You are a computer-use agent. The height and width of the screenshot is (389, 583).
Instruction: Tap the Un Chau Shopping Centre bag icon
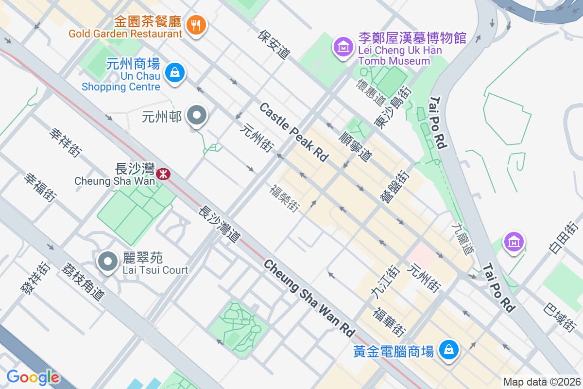coord(174,73)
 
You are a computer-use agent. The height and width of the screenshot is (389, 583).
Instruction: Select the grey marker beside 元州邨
coord(197,116)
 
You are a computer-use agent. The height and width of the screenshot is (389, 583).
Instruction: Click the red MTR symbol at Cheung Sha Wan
coord(164,173)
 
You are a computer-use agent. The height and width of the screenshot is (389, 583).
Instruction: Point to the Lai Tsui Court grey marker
coord(107,262)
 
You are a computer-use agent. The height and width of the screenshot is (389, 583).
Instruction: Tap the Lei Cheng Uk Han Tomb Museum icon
coord(343,47)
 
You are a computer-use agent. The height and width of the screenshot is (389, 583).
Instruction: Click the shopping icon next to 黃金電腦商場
coord(449,350)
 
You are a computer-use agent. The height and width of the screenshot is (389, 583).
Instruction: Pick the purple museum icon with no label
coord(514,241)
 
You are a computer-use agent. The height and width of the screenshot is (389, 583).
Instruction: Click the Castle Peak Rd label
coord(294,132)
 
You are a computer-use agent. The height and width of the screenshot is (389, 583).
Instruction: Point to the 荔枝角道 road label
coord(83,281)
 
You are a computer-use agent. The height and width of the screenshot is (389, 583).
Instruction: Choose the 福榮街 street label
coord(285,197)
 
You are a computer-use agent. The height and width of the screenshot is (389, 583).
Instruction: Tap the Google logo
coord(33,377)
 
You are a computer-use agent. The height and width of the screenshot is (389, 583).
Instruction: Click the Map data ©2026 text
coord(542,382)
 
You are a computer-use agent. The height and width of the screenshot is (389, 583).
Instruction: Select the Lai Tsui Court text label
coord(155,270)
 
